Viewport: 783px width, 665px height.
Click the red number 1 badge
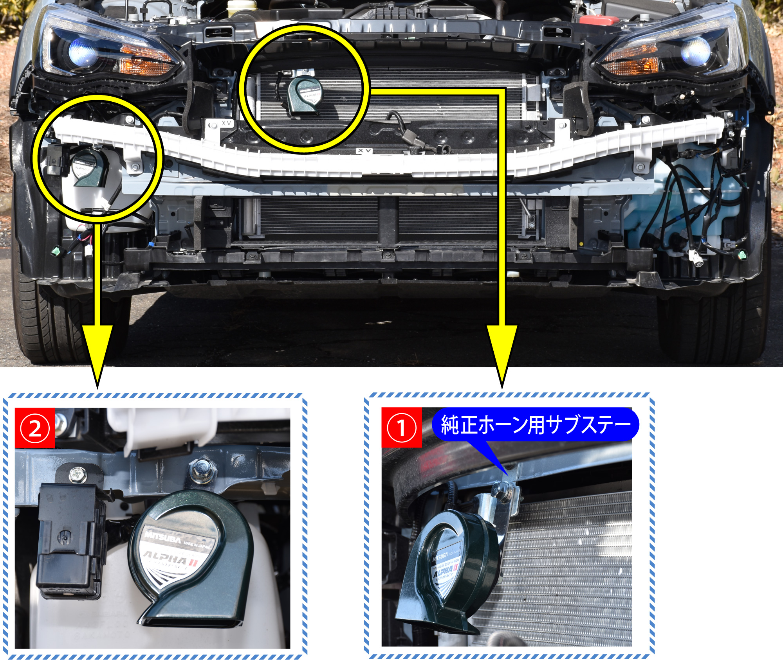point(401,428)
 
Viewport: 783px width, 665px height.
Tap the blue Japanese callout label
point(535,424)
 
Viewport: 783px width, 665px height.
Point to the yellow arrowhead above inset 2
point(97,352)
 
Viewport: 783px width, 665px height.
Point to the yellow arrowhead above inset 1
point(502,352)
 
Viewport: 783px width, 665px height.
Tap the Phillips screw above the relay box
point(78,475)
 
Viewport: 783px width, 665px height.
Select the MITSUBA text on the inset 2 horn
point(163,537)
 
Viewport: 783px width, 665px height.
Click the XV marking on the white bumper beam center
point(364,151)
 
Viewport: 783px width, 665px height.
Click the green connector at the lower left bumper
point(57,250)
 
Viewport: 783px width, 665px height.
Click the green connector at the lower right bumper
point(742,255)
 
